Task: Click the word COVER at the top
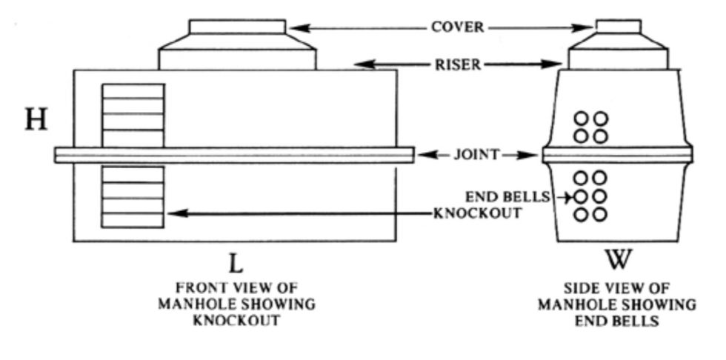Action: click(458, 27)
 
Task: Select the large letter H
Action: click(36, 119)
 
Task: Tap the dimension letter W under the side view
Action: click(617, 261)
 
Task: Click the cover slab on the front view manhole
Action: click(237, 27)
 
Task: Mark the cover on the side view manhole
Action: click(619, 27)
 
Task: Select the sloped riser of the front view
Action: click(237, 53)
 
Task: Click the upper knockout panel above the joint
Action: click(133, 114)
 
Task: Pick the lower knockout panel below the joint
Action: click(133, 196)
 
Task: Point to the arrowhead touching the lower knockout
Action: click(175, 213)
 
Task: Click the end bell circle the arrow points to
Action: click(582, 197)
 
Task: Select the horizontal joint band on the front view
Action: click(234, 155)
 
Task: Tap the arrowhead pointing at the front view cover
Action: click(295, 28)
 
